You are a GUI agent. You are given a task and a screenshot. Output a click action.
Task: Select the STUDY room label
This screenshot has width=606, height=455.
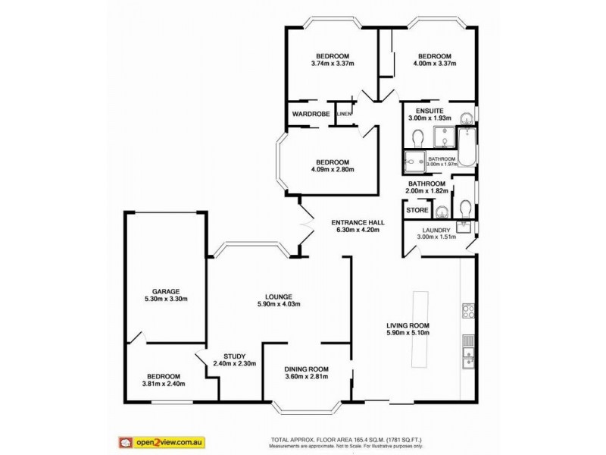234,356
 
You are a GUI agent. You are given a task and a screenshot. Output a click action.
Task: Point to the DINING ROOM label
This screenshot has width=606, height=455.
307,369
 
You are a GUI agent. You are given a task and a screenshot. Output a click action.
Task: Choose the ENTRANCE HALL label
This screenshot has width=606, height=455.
358,222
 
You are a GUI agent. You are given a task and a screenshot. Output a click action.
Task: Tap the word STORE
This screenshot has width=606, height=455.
416,209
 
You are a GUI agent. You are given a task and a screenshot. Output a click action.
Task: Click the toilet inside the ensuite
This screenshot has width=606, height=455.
417,136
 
